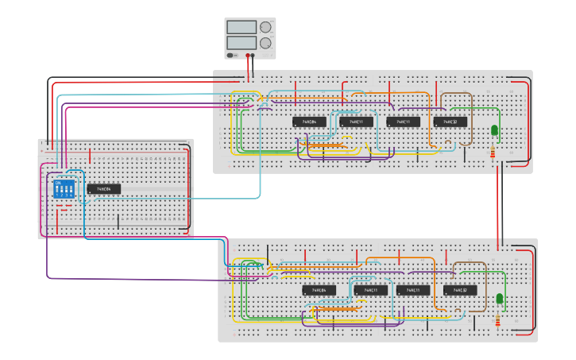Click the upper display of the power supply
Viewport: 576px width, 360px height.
pos(241,27)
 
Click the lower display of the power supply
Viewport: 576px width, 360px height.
pos(241,42)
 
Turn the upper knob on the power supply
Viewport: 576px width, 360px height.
pos(265,27)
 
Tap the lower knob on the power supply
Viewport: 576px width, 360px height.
pos(265,42)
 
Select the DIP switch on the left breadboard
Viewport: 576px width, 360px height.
pos(64,189)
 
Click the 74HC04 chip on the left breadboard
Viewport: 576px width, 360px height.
pos(104,189)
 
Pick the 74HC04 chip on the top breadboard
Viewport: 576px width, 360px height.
pos(309,122)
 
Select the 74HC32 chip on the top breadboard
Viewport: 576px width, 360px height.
pos(450,122)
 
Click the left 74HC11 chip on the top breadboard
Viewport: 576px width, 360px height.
pos(356,122)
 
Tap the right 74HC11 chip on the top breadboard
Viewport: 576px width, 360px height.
pos(404,122)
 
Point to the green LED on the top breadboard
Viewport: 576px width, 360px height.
pos(494,130)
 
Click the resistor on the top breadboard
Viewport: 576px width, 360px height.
pos(494,152)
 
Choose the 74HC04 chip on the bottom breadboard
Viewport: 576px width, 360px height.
pos(319,290)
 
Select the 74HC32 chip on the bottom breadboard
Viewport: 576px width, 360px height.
pos(460,290)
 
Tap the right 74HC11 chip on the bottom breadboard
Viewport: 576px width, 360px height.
pos(413,290)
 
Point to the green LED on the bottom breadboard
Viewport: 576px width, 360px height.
pos(500,299)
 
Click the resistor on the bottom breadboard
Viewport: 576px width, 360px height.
pos(498,320)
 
